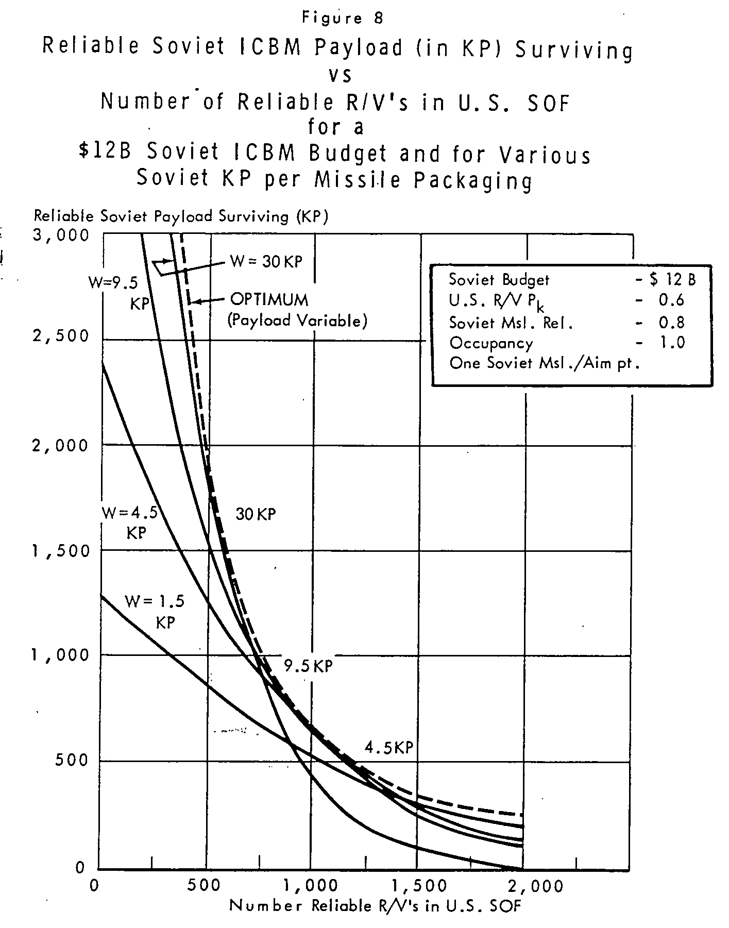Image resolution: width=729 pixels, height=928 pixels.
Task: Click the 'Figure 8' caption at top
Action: (x=343, y=19)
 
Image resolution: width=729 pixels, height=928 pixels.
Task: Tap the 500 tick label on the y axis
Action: (x=72, y=760)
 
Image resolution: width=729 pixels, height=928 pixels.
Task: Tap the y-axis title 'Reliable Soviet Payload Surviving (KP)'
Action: (x=181, y=216)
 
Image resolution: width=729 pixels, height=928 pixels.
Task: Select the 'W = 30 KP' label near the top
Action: (x=266, y=261)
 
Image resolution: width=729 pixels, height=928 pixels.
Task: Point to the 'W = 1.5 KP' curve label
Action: (x=155, y=612)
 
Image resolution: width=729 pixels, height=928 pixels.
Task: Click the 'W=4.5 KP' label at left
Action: (x=130, y=522)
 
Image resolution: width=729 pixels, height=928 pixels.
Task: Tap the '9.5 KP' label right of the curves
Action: (x=309, y=666)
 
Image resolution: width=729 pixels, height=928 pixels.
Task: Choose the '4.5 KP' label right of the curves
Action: (x=389, y=747)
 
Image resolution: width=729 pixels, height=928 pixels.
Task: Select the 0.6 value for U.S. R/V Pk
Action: (x=672, y=300)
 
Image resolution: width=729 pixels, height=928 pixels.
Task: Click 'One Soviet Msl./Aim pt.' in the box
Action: (x=545, y=363)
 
